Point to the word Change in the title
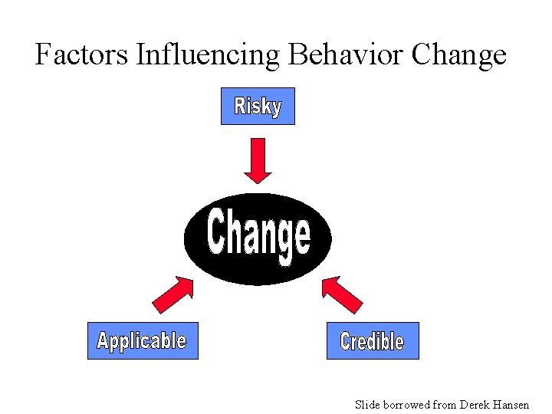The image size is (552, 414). click(458, 55)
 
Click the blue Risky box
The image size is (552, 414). click(258, 107)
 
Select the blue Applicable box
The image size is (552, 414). click(143, 340)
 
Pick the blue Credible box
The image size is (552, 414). click(373, 340)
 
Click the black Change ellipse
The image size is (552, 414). click(258, 238)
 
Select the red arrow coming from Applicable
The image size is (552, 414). click(173, 294)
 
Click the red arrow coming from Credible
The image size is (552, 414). click(342, 294)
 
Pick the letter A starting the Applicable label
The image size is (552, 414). click(103, 340)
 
